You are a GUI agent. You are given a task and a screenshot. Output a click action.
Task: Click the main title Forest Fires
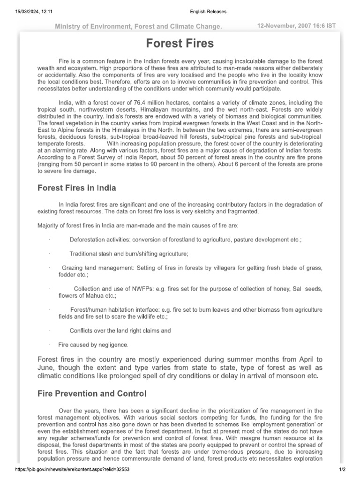180,44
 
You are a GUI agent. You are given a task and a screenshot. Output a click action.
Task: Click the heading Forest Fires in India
77,188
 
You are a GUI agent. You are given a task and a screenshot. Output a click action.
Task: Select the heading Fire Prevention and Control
92,393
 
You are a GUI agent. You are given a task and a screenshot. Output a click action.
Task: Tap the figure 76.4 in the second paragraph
141,103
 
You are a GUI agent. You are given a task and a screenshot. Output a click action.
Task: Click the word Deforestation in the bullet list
88,240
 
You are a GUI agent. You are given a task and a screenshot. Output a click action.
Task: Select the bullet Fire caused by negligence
93,345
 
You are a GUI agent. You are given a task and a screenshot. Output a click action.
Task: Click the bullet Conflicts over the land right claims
120,330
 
